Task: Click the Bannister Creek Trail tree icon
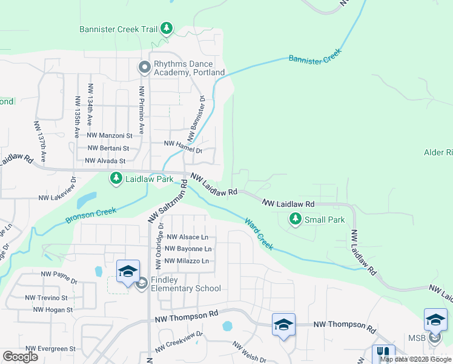tap(167, 29)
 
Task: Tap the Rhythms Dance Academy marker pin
tap(144, 67)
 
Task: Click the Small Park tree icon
tap(296, 220)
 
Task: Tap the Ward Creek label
tap(259, 234)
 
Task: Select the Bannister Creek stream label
tap(316, 56)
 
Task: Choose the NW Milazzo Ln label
tap(187, 261)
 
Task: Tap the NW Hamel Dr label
tap(183, 143)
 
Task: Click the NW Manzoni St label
tap(110, 136)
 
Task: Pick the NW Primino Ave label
tap(142, 110)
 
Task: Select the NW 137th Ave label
tap(41, 141)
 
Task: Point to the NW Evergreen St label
tap(47, 349)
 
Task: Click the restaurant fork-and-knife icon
tap(383, 353)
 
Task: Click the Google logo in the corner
tap(20, 357)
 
